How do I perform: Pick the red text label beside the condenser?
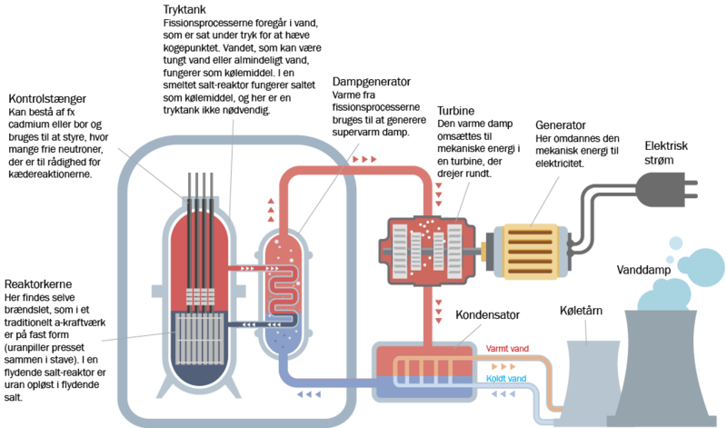coord(507,347)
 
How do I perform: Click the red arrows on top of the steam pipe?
coord(365,159)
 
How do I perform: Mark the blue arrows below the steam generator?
coord(310,394)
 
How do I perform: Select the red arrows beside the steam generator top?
coord(270,210)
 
